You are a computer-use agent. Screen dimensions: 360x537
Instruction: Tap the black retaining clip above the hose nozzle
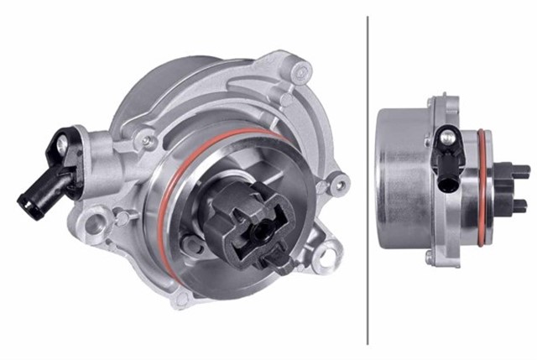coord(64,143)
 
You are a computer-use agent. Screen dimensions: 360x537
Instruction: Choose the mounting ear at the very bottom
coord(179,297)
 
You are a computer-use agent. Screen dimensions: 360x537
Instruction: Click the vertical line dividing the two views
coord(368,180)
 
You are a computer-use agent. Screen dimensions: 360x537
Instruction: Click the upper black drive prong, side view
coord(519,171)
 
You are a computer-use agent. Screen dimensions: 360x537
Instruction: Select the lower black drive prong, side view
coord(519,206)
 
